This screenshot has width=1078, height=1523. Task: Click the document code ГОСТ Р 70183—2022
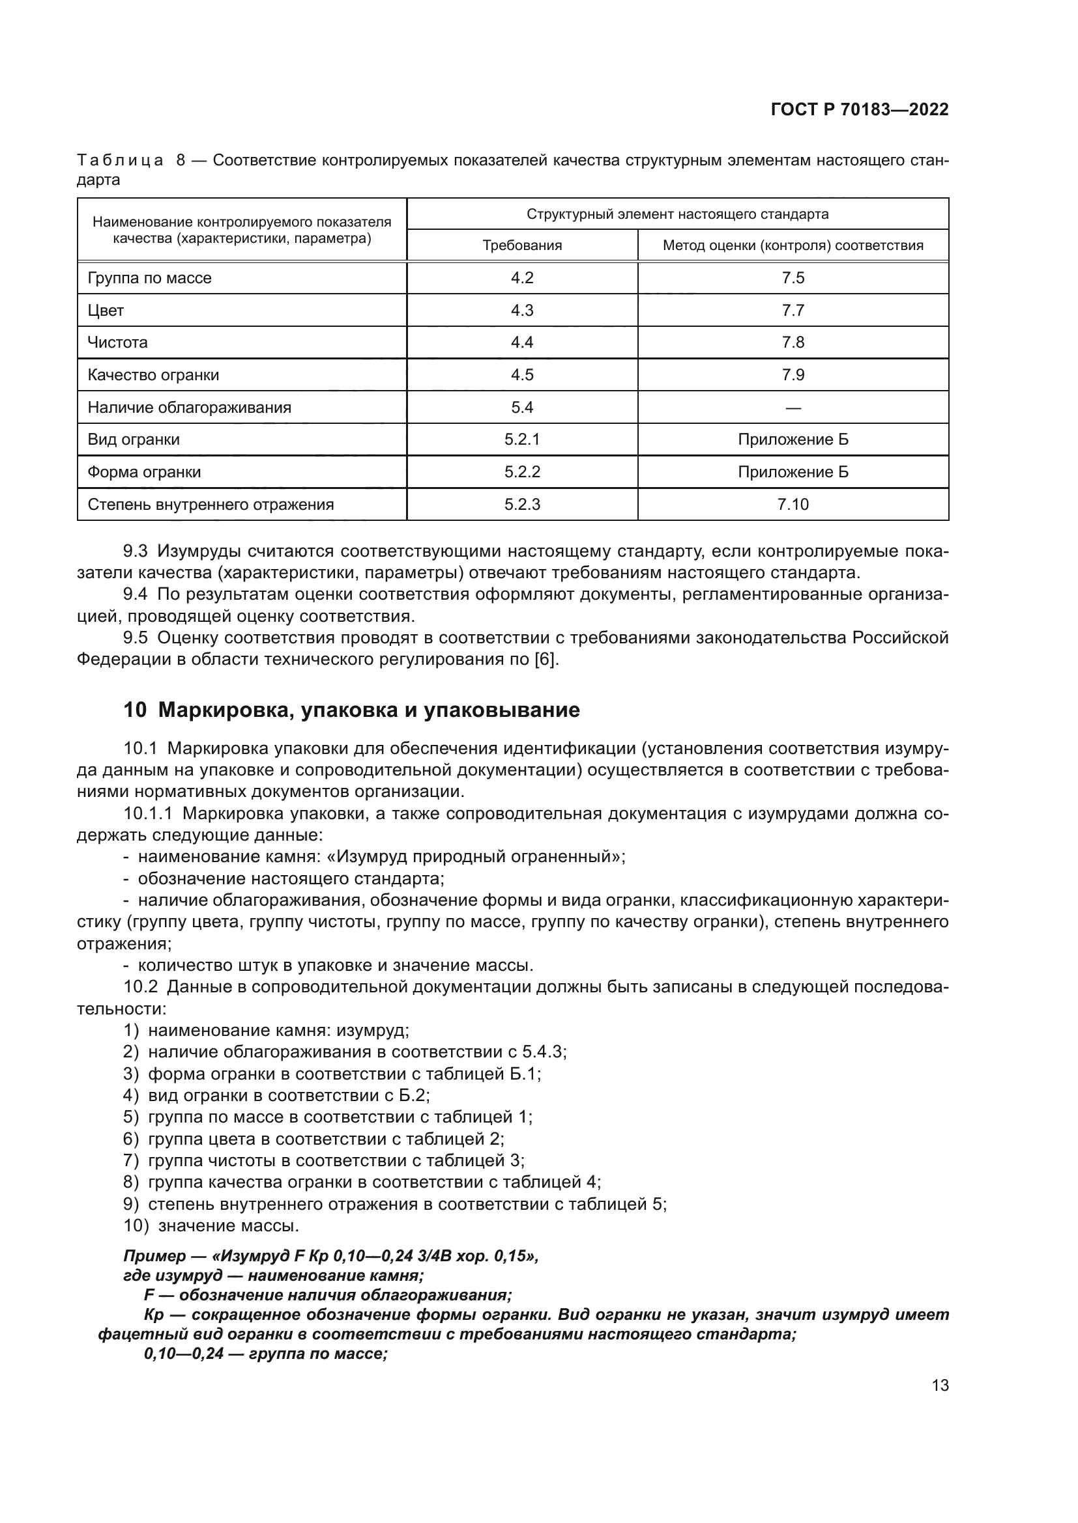pyautogui.click(x=859, y=109)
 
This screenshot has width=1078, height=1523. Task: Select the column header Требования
pyautogui.click(x=522, y=245)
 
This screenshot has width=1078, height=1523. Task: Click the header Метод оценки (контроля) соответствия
pyautogui.click(x=793, y=245)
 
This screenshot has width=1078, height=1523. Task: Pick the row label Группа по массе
pyautogui.click(x=149, y=278)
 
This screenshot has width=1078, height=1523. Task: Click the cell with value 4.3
pyautogui.click(x=522, y=311)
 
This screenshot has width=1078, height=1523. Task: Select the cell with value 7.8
pyautogui.click(x=793, y=342)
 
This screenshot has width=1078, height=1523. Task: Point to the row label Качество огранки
pyautogui.click(x=153, y=375)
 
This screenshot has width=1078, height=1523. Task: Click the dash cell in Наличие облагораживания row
pyautogui.click(x=793, y=407)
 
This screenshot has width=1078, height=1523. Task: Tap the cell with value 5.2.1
pyautogui.click(x=522, y=440)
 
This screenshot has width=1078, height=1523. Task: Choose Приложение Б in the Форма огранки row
pyautogui.click(x=793, y=472)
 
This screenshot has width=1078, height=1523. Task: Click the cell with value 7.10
pyautogui.click(x=793, y=505)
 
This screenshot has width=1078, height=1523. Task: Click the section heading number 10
pyautogui.click(x=135, y=710)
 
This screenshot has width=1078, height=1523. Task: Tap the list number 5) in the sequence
pyautogui.click(x=131, y=1117)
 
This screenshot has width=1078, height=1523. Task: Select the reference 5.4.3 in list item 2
pyautogui.click(x=542, y=1052)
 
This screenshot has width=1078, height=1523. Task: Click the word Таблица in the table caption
pyautogui.click(x=120, y=161)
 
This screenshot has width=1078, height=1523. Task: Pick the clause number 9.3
pyautogui.click(x=136, y=552)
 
